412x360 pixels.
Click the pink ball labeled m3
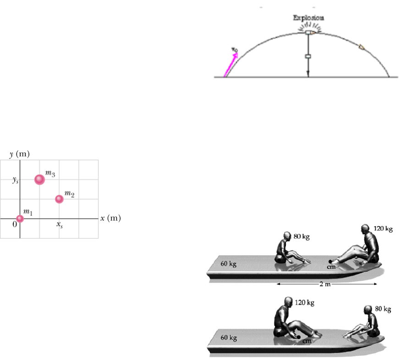pyautogui.click(x=39, y=180)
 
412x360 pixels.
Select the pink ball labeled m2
pyautogui.click(x=59, y=199)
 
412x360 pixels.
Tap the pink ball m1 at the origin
pyautogui.click(x=20, y=218)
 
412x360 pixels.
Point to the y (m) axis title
pyautogui.click(x=19, y=154)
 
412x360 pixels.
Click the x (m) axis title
pyautogui.click(x=110, y=218)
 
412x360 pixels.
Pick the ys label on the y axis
pyautogui.click(x=16, y=180)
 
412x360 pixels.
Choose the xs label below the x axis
pyautogui.click(x=60, y=225)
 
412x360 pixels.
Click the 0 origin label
pyautogui.click(x=15, y=224)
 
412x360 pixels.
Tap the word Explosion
pyautogui.click(x=308, y=18)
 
